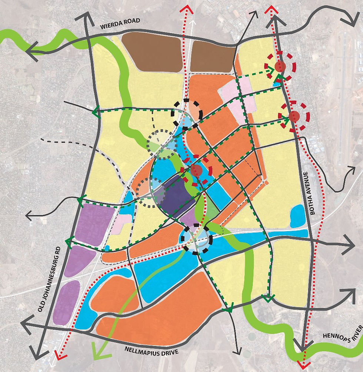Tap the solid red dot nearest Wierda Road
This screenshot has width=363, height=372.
280,67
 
